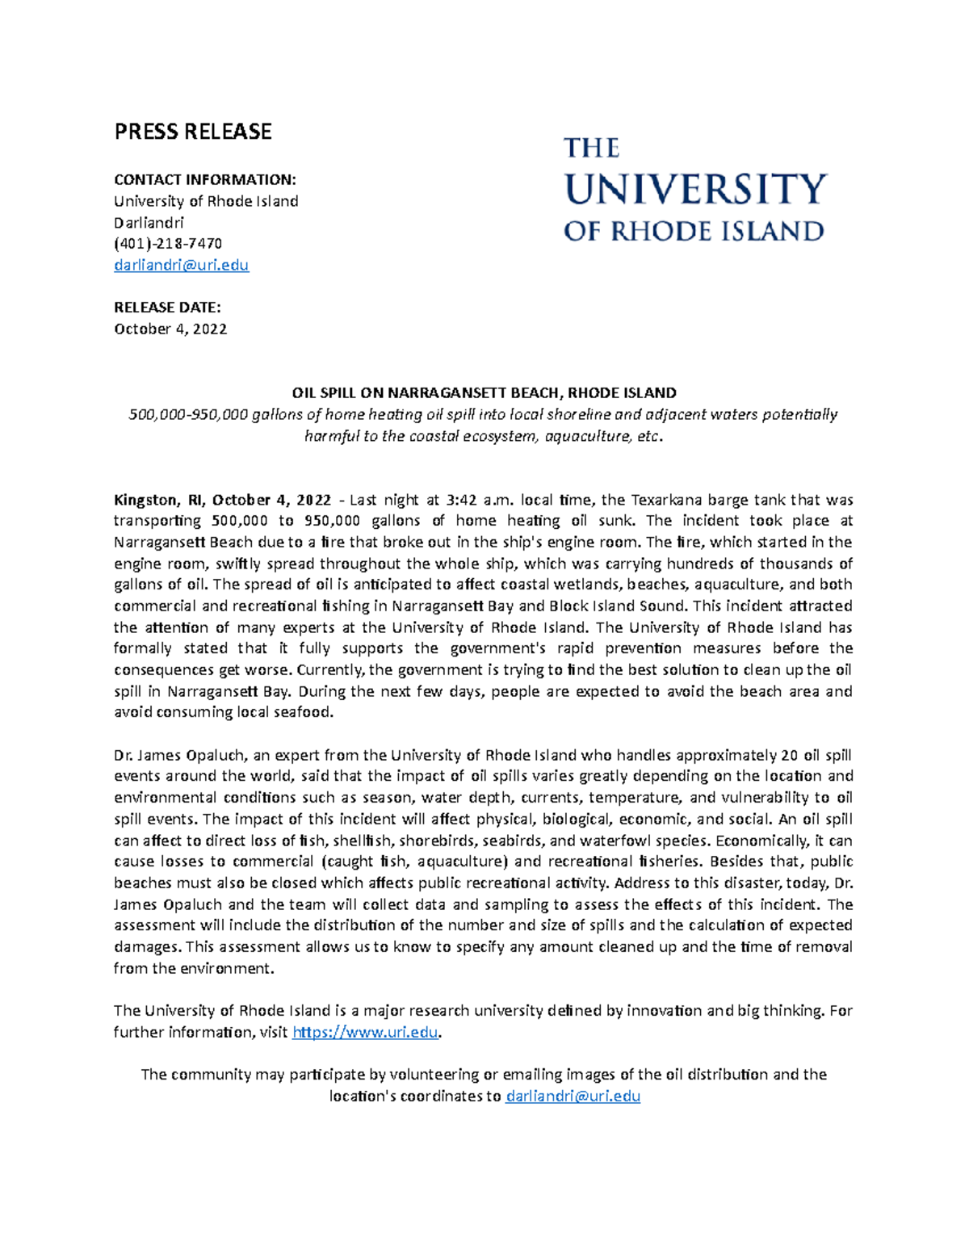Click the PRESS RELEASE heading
pos(192,132)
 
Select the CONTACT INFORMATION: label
pos(205,179)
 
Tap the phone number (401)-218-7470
pos(168,243)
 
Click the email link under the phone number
pos(181,265)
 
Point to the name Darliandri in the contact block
pos(149,222)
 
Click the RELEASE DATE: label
pos(167,307)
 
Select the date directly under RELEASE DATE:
pos(170,329)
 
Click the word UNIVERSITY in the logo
pos(694,190)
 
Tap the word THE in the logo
pos(591,149)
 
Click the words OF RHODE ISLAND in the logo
pos(693,232)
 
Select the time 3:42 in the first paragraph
pos(461,500)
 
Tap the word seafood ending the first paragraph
pos(303,712)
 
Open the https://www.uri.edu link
pos(365,1032)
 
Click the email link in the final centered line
pos(573,1096)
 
